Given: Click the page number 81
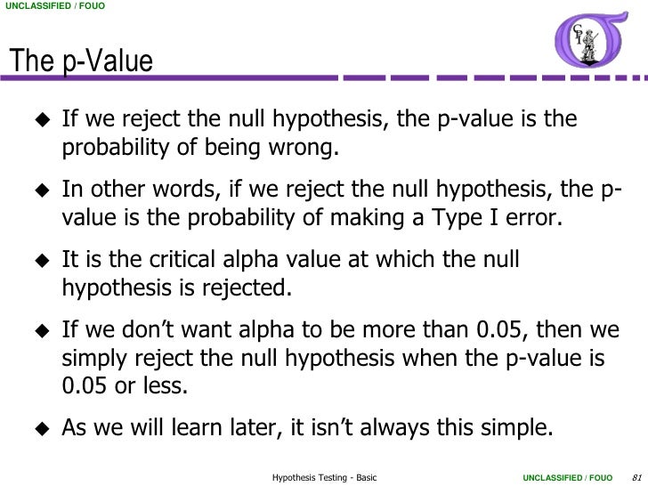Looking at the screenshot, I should point(635,478).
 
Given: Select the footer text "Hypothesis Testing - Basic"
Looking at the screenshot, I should point(324,478).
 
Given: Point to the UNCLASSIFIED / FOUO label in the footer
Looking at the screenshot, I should point(566,478).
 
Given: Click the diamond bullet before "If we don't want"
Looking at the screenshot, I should point(40,329).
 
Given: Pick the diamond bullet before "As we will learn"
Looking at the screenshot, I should point(40,425).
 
